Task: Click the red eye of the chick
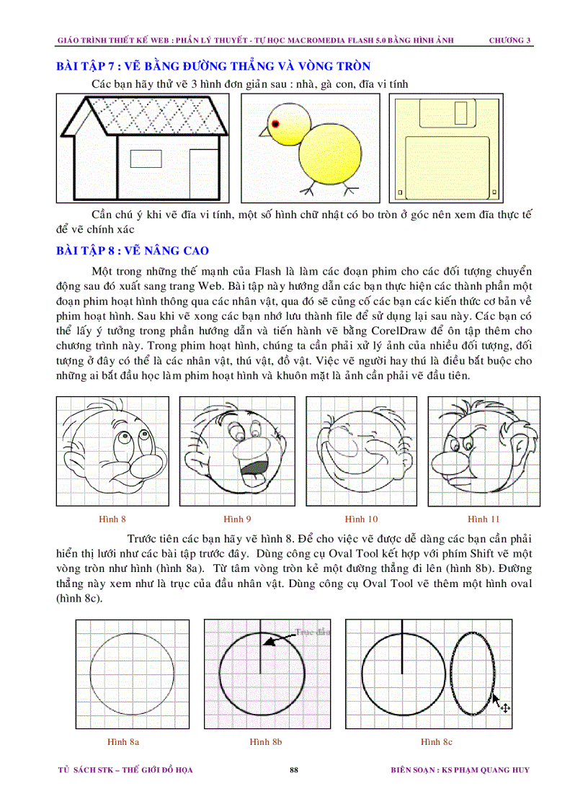pos(275,124)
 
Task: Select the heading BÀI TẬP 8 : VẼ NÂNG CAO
pos(133,251)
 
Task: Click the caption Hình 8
pos(112,519)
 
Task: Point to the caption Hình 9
pos(236,519)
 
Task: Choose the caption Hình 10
pos(361,519)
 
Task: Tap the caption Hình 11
pos(484,519)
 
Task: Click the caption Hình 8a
pos(123,741)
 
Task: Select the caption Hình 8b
pos(265,741)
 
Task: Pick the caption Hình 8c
pos(437,741)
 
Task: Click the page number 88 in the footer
pos(293,770)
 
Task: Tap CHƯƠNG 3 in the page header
pos(509,40)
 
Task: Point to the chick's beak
pos(264,132)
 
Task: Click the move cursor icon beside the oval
pos(505,708)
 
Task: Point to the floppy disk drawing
pos(445,149)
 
